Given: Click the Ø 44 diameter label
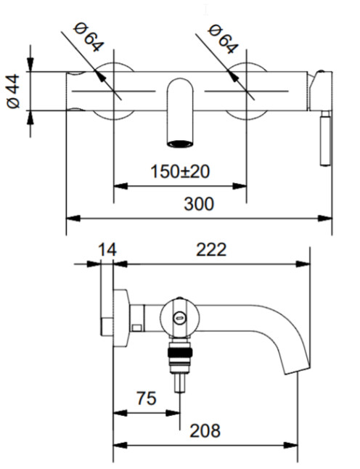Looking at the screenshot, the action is pos(13,91).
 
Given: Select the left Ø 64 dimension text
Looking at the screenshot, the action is pos(89,37).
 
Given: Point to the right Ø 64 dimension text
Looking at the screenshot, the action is pos(223,39).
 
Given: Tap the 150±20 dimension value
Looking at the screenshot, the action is pos(180,171).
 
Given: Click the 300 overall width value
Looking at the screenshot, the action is pos(199,204).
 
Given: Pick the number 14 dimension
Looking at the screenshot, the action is pos(107,250).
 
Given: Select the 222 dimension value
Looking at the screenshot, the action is pos(211,250).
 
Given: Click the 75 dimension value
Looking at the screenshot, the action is pos(147,399).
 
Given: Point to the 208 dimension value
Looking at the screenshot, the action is pos(205,431).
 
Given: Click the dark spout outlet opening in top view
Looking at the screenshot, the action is pos(180,144).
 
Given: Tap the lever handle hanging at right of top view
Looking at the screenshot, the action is pos(325,138).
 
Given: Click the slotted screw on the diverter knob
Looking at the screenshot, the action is pos(179,318).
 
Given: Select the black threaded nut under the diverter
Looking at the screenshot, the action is pos(180,353).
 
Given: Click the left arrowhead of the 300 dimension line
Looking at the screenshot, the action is pos(73,219).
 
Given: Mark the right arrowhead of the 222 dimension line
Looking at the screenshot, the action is pos(303,264).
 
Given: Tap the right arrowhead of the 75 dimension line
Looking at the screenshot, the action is pos(173,413).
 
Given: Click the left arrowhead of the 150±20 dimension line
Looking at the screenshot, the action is pos(120,187).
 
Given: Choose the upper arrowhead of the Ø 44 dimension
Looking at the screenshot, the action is pos(30,65).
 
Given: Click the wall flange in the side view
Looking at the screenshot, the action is pos(121,318).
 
